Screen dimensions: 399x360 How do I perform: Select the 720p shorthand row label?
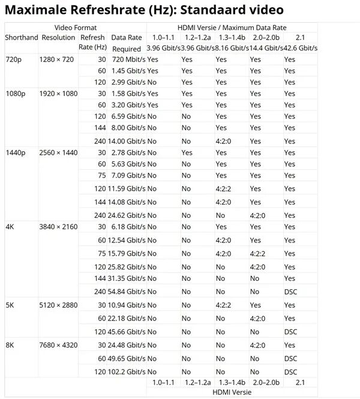coord(14,59)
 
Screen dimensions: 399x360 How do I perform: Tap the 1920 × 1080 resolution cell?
coord(59,94)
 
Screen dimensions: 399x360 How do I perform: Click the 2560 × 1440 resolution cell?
coord(59,152)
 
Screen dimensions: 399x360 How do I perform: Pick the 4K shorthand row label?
coord(10,227)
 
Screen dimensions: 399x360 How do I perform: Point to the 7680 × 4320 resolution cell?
coord(59,345)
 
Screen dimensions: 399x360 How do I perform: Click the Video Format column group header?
coord(75,28)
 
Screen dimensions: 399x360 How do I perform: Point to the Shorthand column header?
coord(22,37)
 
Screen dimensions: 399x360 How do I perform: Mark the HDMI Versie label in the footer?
coord(232,392)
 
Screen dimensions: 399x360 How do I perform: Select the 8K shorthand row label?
coord(10,345)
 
